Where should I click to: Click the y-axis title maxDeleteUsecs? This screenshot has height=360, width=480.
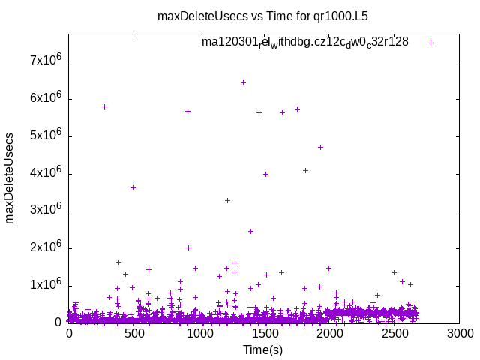(x=10, y=178)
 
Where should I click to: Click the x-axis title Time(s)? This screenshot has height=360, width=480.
(x=263, y=349)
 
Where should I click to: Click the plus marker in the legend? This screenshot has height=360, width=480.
(x=430, y=43)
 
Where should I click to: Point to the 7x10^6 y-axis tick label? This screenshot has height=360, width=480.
(x=45, y=61)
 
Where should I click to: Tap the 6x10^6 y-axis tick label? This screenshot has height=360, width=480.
(x=45, y=99)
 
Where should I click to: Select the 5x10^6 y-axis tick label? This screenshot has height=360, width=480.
(x=45, y=136)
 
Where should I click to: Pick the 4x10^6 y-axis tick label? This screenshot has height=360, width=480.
(x=45, y=173)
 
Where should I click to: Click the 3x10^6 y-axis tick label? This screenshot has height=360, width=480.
(x=45, y=211)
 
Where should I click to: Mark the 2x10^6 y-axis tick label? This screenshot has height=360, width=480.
(x=45, y=248)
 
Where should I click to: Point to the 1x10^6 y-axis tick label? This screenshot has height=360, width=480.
(x=45, y=285)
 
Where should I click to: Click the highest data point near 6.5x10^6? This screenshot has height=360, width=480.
(x=243, y=82)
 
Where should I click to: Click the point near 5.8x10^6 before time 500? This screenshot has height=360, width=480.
(x=104, y=106)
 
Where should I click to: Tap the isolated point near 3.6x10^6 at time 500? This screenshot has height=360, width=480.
(x=133, y=187)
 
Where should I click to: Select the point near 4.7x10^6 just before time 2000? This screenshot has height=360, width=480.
(x=320, y=147)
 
